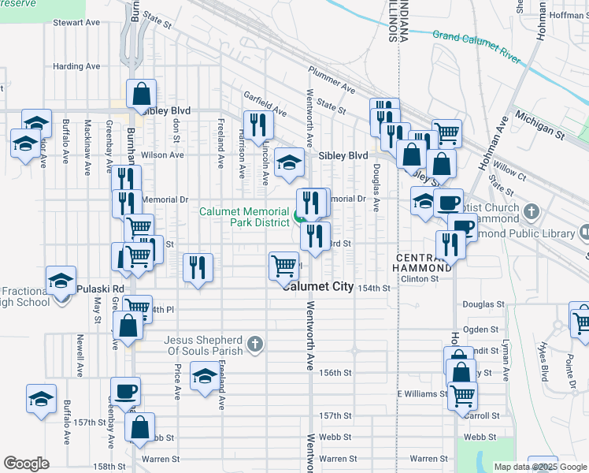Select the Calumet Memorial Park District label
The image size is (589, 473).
point(244,218)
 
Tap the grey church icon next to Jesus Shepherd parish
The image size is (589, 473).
point(254,343)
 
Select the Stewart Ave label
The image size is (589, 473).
point(76,23)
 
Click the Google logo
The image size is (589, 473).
point(26,464)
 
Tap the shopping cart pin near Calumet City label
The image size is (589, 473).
point(283,266)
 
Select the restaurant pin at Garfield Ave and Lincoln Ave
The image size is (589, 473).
point(257,124)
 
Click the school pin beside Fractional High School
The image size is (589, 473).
point(61,280)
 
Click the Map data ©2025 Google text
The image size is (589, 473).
point(541,467)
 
